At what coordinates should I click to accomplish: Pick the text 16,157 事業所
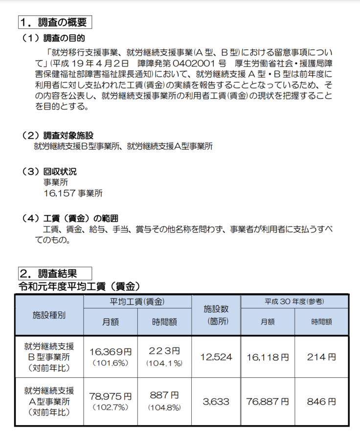pos(73,193)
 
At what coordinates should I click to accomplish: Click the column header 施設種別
pos(49,315)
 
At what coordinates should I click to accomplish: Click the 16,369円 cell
pos(111,352)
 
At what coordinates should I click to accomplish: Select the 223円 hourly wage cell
pos(164,351)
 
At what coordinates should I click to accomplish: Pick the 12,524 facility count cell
pos(216,357)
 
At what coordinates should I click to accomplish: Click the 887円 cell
pos(164,395)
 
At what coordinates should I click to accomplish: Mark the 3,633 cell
pos(216,401)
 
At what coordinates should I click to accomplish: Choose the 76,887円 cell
pos(268,401)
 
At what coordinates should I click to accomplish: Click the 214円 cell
pos(321,357)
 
